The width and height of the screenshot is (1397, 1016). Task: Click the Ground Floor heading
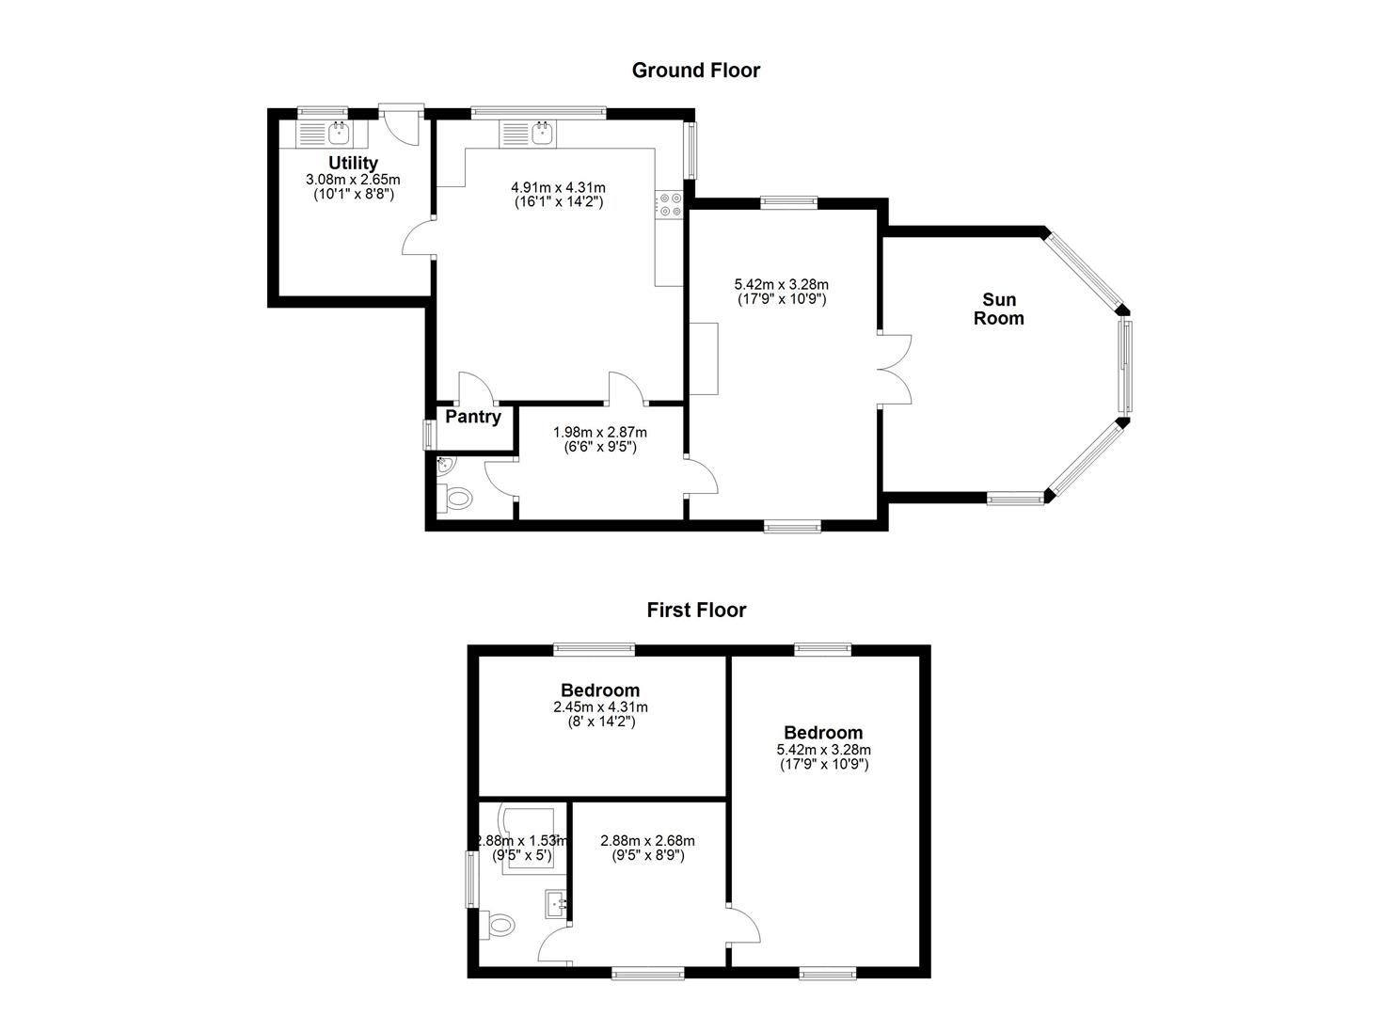[696, 71]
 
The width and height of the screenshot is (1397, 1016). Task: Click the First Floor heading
[696, 610]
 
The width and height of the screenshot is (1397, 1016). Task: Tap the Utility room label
[353, 163]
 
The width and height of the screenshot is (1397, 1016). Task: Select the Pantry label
[473, 417]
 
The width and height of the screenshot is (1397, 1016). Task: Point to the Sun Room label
[999, 309]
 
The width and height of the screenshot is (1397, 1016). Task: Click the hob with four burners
[670, 204]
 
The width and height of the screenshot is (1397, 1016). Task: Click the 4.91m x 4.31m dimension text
[558, 187]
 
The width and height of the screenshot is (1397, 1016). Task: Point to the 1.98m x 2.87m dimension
[600, 432]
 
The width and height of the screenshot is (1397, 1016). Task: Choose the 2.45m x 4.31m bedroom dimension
[600, 707]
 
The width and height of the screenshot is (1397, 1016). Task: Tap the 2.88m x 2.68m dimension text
[647, 841]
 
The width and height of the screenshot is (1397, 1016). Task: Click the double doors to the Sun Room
[895, 370]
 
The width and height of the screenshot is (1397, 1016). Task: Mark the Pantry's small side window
[428, 434]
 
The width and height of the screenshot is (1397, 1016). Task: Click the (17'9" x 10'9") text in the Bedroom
[824, 764]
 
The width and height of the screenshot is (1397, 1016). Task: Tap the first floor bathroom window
[471, 880]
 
